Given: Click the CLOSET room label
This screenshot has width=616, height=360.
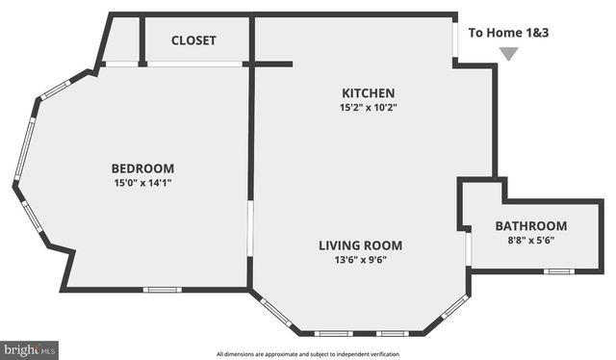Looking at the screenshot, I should [x=193, y=40].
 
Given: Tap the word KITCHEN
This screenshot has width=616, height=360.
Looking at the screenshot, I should [x=368, y=93].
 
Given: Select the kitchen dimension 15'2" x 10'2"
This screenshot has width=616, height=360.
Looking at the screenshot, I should [x=368, y=108].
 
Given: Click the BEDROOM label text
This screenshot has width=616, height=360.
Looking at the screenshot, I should [x=142, y=167].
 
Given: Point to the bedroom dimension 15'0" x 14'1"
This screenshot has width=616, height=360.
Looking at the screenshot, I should [x=142, y=182].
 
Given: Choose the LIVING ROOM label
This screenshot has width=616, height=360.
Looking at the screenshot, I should [x=360, y=245].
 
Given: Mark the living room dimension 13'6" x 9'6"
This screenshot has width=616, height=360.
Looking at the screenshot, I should [x=360, y=260].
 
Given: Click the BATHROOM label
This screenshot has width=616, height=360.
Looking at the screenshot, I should [x=531, y=226].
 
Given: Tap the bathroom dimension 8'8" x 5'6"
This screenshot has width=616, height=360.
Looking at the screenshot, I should [x=531, y=241].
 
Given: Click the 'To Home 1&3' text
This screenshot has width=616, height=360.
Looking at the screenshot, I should [x=508, y=33].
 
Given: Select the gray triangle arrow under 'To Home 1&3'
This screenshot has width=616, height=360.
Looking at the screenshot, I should [x=508, y=54].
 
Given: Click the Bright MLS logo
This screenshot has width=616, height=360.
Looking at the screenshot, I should [x=29, y=350].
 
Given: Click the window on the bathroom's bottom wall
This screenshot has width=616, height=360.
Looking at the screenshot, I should [x=558, y=271].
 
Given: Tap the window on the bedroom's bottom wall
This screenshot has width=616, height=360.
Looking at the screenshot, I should [x=162, y=290].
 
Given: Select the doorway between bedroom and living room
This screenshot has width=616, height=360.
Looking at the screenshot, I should [x=249, y=228].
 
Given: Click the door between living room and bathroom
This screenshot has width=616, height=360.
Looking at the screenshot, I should [x=468, y=248].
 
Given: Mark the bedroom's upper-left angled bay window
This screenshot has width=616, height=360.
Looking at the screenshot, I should [x=55, y=90].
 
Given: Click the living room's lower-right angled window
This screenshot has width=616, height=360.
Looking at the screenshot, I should [x=454, y=308].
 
